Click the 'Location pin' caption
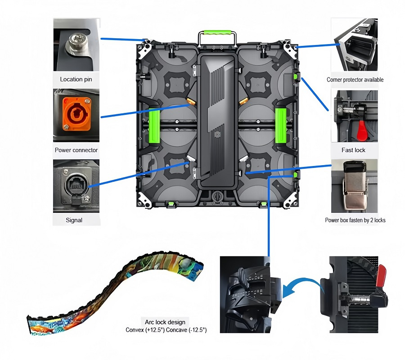click(x=76, y=79)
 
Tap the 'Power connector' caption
click(x=76, y=150)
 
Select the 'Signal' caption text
click(x=74, y=220)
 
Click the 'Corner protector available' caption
click(x=355, y=80)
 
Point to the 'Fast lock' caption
click(x=353, y=150)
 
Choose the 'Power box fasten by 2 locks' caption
click(x=355, y=220)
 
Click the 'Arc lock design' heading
click(x=165, y=322)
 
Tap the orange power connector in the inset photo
click(x=76, y=114)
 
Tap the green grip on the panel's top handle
click(x=217, y=32)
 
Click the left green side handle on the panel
click(x=155, y=126)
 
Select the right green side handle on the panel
click(x=280, y=126)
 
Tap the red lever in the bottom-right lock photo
click(x=382, y=276)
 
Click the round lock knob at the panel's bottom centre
click(x=217, y=197)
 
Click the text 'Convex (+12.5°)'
click(x=145, y=330)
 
